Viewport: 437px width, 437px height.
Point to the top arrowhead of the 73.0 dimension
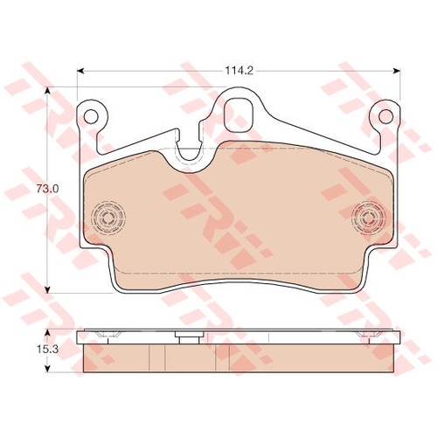tap(47, 90)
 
